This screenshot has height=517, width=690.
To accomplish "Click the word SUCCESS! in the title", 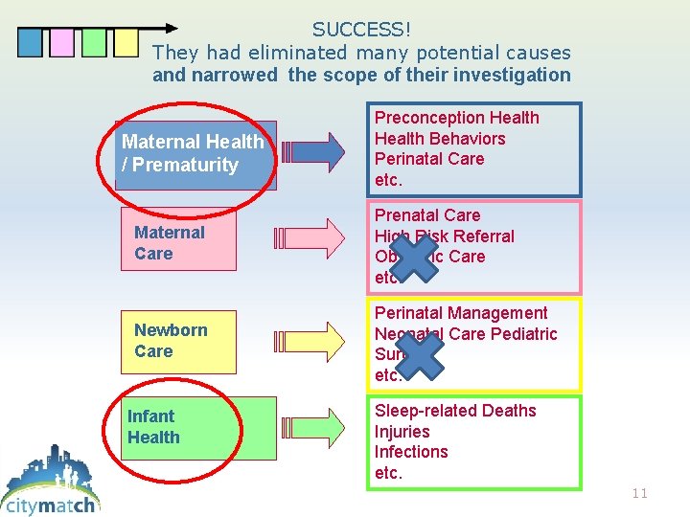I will (x=361, y=31).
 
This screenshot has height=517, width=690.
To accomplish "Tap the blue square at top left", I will (x=31, y=43).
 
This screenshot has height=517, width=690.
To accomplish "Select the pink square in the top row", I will (x=62, y=43).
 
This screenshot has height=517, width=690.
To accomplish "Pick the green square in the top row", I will (x=94, y=43).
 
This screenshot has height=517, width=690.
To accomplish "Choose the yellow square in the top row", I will (x=126, y=43).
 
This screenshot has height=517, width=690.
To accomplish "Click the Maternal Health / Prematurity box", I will (x=195, y=153).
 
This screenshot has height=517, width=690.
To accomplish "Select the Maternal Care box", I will (x=178, y=243).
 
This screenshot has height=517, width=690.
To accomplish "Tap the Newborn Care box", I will (x=178, y=341).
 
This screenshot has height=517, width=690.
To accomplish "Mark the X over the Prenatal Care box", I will (x=408, y=257).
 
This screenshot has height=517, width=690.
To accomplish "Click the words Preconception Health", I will (x=456, y=118).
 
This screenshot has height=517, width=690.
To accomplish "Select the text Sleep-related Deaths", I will (x=455, y=411).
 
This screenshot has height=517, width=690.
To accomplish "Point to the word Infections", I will (x=411, y=452).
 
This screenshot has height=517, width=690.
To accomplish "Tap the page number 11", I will (x=640, y=493).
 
